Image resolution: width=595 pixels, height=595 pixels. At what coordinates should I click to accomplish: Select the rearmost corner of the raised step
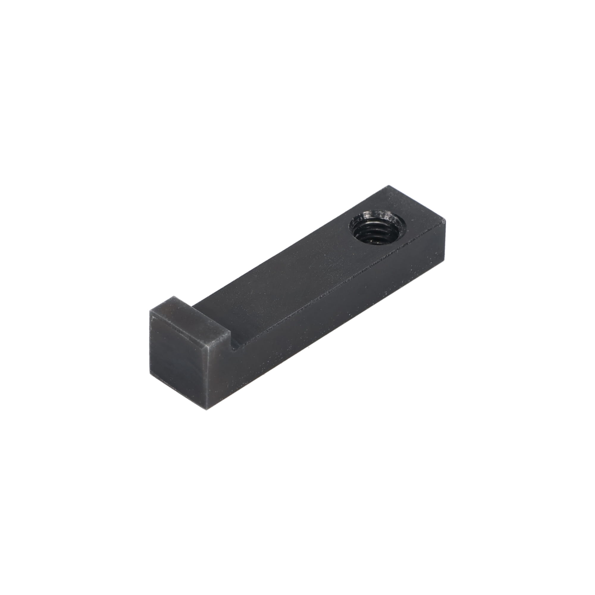click(x=173, y=296)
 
